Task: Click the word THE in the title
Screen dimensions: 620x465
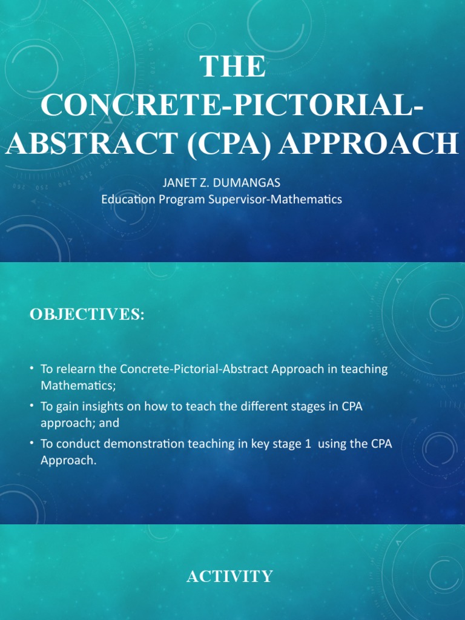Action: coord(233,67)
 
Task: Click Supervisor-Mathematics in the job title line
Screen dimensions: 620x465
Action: coord(275,199)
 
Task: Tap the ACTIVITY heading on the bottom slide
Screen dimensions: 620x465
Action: coord(229,576)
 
